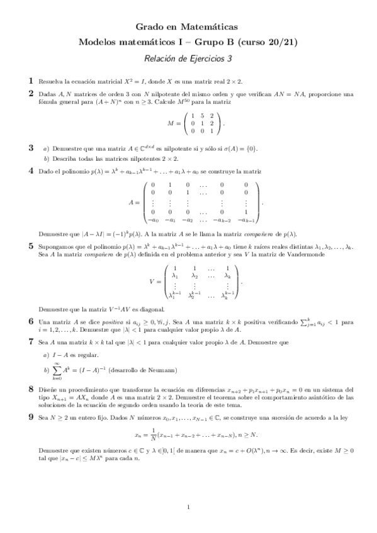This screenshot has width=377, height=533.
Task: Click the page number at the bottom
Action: point(188,507)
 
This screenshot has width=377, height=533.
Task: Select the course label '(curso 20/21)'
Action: point(273,42)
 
